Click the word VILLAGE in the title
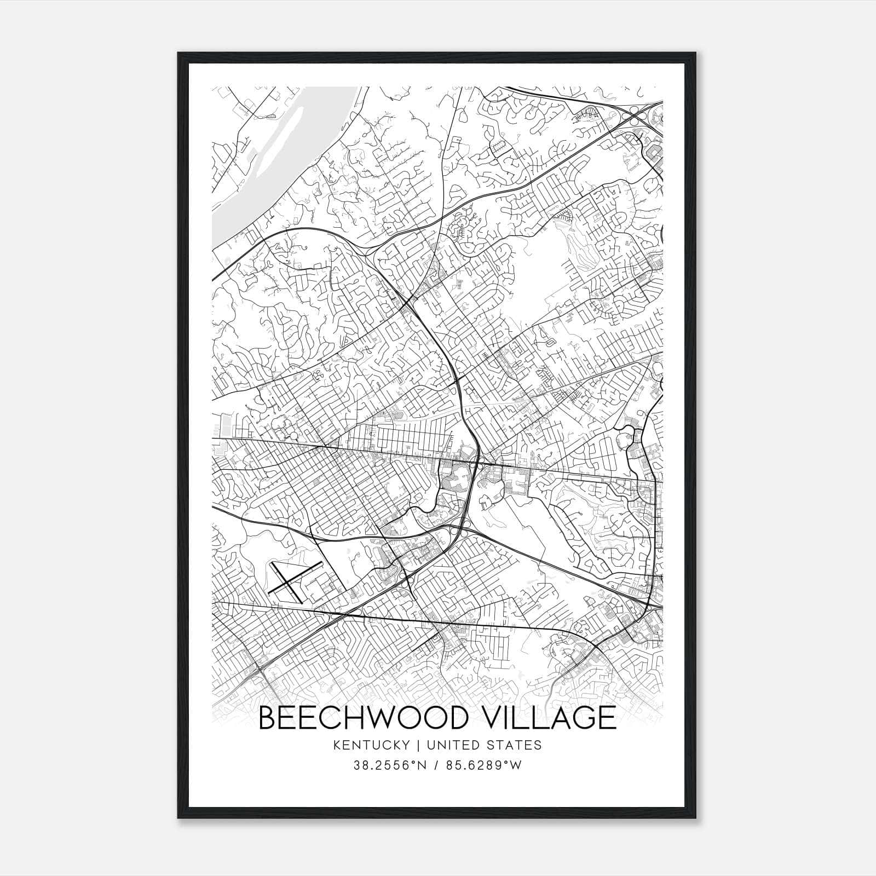click(x=547, y=718)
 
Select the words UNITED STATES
click(x=485, y=745)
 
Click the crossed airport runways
click(x=289, y=580)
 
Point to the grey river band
click(x=241, y=203)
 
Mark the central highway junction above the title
click(x=478, y=464)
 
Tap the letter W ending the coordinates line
click(x=516, y=765)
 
